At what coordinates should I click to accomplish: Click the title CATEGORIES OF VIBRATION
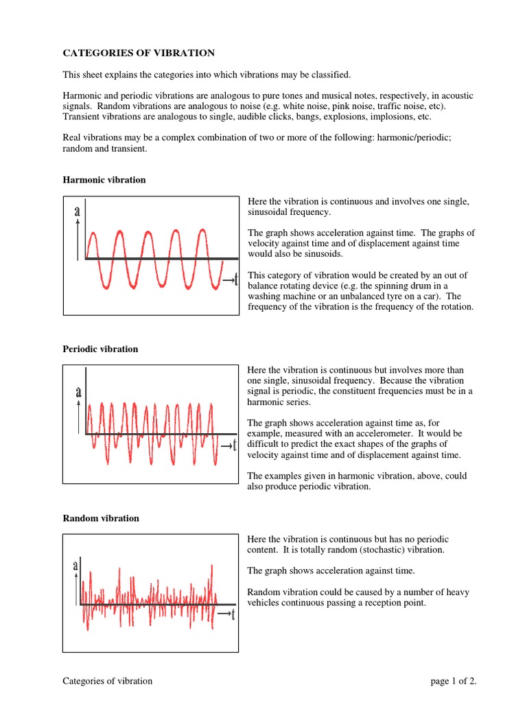pyautogui.click(x=139, y=53)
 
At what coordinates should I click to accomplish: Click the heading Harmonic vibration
pyautogui.click(x=104, y=180)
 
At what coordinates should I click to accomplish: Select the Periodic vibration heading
pyautogui.click(x=100, y=349)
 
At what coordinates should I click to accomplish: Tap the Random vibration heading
pyautogui.click(x=101, y=518)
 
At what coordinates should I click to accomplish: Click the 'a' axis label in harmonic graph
pyautogui.click(x=78, y=212)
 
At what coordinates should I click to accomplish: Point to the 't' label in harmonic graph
pyautogui.click(x=235, y=279)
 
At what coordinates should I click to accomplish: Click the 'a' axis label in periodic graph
pyautogui.click(x=78, y=393)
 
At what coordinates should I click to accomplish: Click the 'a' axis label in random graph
pyautogui.click(x=75, y=566)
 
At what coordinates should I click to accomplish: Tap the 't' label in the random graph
pyautogui.click(x=233, y=614)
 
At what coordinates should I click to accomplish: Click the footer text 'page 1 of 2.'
pyautogui.click(x=453, y=681)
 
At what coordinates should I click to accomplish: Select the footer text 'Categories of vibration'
pyautogui.click(x=108, y=681)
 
